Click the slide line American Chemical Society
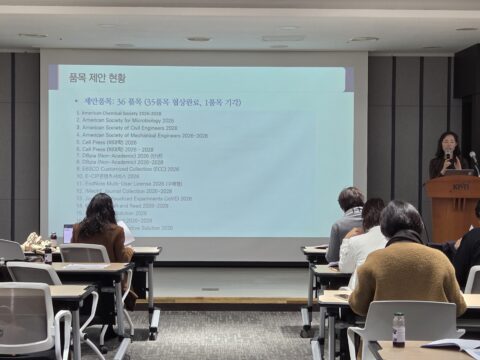(120, 113)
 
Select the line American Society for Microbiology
(126, 120)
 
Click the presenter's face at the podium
(447, 143)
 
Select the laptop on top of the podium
(459, 171)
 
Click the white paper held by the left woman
(126, 233)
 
